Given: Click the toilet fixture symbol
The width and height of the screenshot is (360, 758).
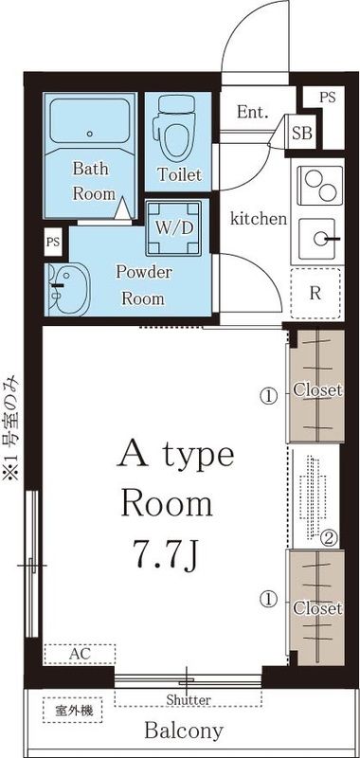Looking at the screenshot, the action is tap(175, 127).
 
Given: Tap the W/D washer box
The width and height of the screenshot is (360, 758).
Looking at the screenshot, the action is tap(174, 227).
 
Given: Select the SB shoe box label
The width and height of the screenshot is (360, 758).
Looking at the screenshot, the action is tap(302, 133).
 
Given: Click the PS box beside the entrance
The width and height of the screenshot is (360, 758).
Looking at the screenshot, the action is tap(328, 98).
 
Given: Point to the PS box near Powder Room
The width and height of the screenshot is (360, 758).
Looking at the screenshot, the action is tap(53, 242).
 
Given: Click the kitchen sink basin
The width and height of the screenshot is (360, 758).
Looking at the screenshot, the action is tap(320, 239).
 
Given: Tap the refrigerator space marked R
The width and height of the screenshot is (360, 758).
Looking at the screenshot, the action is tap(315, 294).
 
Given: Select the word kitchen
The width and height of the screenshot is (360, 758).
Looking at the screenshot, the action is tap(259, 219).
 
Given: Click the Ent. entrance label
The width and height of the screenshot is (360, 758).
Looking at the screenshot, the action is tap(252, 113).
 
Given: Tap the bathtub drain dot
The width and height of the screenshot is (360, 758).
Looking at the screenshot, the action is tap(89, 134).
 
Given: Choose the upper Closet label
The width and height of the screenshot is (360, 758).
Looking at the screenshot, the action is tap(318, 389).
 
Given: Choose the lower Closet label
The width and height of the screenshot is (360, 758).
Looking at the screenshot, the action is tap(318, 608).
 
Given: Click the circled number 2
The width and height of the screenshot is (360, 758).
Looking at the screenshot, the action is tap(330, 537).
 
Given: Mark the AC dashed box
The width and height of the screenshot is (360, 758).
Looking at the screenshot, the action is tap(80, 655).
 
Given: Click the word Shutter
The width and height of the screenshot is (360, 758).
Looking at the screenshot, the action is tap(189, 699).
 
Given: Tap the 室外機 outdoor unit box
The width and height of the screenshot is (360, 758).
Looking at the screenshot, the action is tap(73, 710).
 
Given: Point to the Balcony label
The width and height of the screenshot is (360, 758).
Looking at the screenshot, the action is tap(184, 731).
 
